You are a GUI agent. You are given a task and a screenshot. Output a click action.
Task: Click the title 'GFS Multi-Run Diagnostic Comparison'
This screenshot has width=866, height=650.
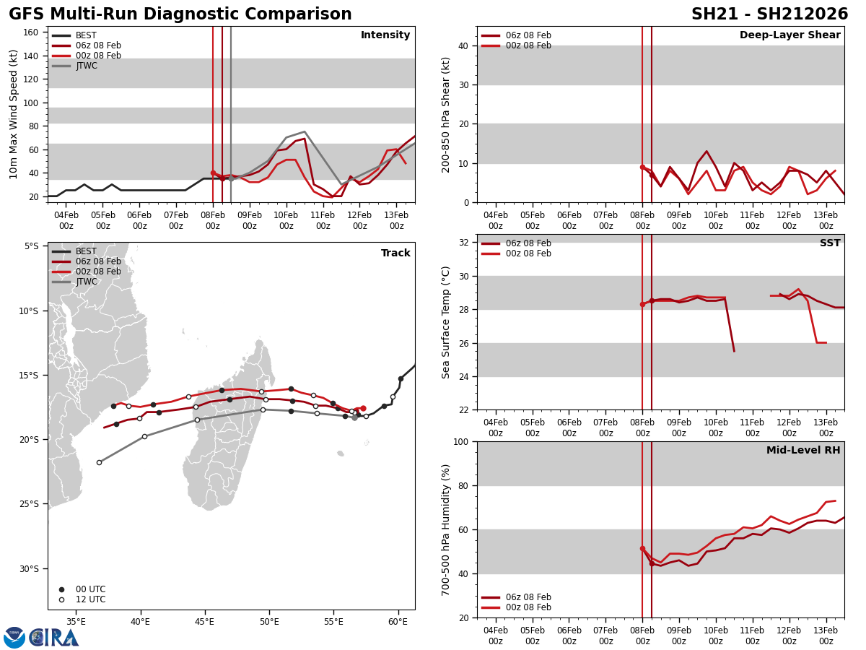click(180, 14)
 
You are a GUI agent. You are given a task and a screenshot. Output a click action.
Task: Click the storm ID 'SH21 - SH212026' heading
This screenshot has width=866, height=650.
click(769, 14)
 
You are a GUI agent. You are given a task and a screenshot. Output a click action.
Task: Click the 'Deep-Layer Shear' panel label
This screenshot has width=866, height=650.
click(790, 35)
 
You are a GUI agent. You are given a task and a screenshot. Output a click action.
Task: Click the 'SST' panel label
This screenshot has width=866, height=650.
click(830, 243)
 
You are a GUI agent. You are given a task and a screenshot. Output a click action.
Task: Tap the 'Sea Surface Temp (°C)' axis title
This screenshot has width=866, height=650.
click(447, 322)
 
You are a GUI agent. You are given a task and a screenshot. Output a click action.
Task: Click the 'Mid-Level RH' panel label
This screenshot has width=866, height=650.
click(803, 451)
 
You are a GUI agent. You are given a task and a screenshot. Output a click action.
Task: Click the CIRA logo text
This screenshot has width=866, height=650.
click(54, 637)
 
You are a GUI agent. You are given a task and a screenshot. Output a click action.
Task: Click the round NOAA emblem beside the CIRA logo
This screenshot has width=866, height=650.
click(14, 637)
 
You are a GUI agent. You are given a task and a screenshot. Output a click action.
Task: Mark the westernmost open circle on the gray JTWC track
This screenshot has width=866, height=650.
click(99, 462)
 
